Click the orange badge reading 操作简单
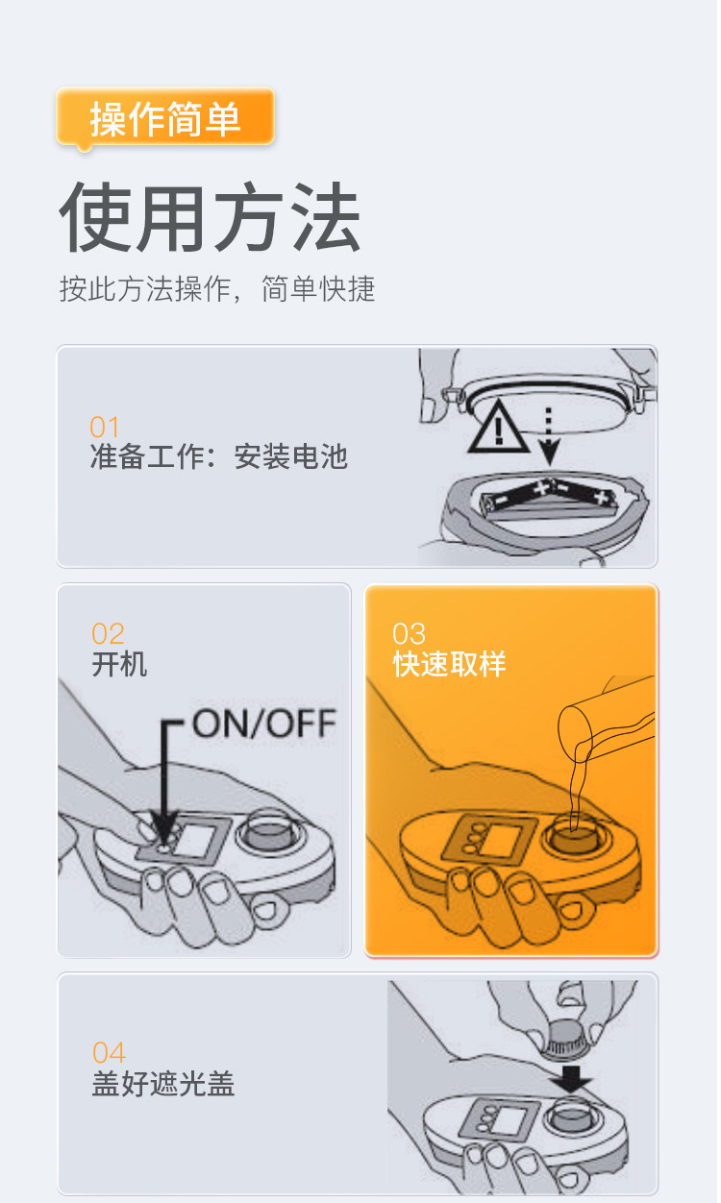point(165,118)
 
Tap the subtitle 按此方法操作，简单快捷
point(217,288)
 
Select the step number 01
point(104,427)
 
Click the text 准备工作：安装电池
point(218,456)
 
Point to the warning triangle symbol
point(498,430)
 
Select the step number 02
point(108,634)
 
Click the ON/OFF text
point(263,724)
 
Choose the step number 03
point(409,634)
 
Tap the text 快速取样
point(449,664)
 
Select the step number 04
point(109,1053)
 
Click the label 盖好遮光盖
point(163,1084)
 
